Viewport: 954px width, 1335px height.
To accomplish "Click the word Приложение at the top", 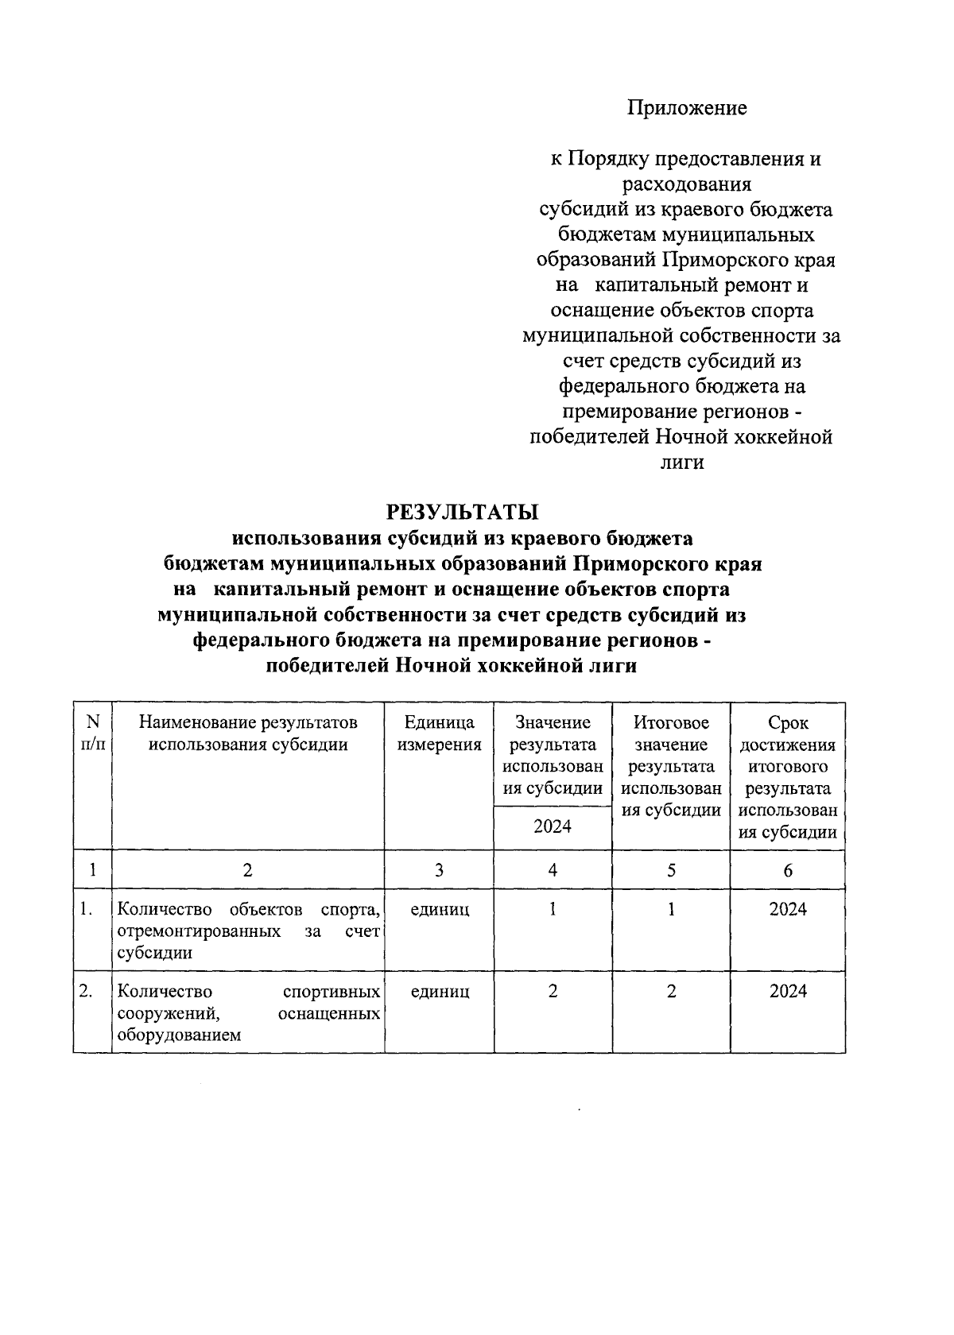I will (687, 108).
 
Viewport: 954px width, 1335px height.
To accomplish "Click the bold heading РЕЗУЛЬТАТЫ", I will (462, 513).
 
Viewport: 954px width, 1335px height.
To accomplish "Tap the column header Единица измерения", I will (439, 733).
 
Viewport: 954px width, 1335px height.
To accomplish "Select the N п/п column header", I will (93, 733).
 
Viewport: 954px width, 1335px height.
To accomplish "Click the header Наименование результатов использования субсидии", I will (248, 733).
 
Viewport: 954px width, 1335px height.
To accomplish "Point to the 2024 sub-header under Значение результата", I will (553, 826).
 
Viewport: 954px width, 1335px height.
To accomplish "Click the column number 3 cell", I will (439, 870).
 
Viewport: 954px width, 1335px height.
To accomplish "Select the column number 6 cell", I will (787, 870).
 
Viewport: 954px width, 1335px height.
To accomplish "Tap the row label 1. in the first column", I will (87, 909).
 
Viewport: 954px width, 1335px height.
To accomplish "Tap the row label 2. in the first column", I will (87, 991).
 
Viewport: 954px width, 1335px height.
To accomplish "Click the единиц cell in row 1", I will (439, 909).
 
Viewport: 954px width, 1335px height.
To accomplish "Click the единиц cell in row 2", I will (439, 991).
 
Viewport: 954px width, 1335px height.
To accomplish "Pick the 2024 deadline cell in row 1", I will (787, 909).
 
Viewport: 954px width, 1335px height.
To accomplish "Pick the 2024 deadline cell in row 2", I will (787, 991).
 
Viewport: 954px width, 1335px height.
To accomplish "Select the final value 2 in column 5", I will (671, 991).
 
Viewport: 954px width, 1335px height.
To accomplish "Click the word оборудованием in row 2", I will (178, 1035).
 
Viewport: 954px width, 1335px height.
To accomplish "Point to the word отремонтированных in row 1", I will (198, 931).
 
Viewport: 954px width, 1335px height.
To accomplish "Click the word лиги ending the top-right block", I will (682, 462).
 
